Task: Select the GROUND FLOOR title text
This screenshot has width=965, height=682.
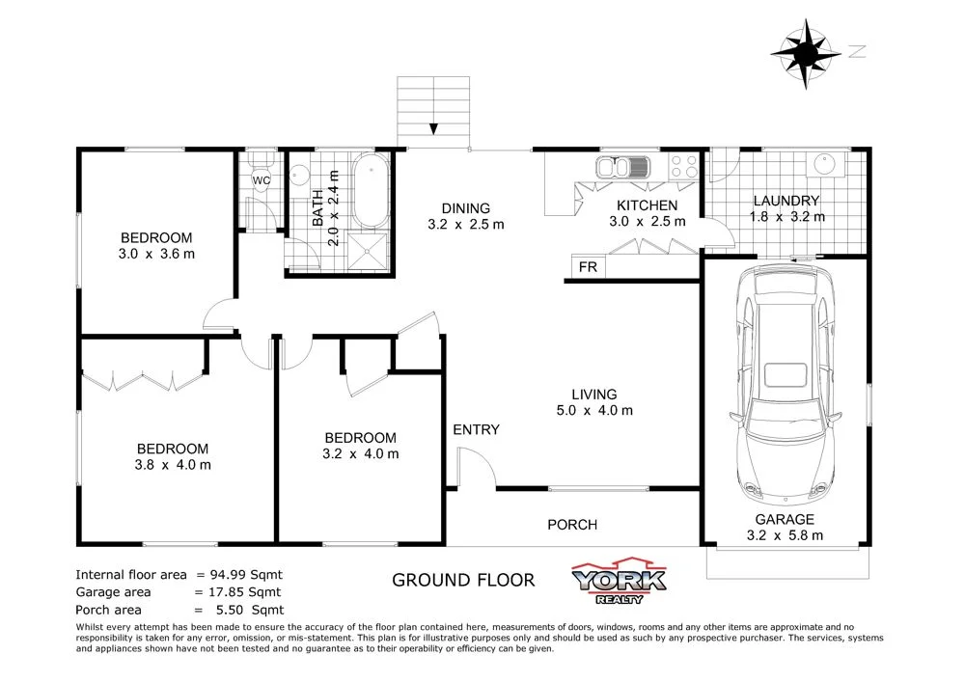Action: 462,580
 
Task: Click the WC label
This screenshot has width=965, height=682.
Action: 261,179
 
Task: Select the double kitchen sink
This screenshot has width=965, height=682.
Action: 626,168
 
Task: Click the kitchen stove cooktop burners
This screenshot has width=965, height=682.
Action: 684,166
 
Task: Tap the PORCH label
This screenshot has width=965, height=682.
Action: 572,525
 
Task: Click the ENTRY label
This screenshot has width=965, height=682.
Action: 477,429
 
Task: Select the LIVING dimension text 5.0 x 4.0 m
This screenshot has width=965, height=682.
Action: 593,410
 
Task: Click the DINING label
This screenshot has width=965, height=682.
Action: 466,208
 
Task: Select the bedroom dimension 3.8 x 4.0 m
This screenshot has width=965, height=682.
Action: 173,465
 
